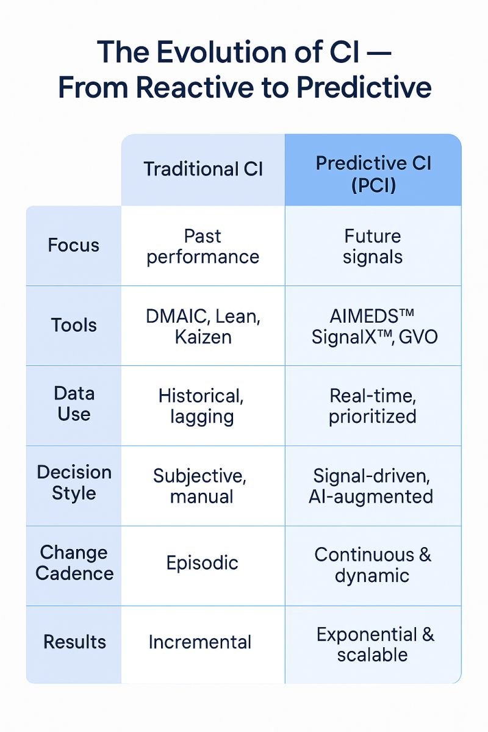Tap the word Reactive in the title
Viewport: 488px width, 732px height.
pyautogui.click(x=195, y=88)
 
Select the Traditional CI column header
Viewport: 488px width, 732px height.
pyautogui.click(x=203, y=169)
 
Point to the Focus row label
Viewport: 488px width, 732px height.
pyautogui.click(x=74, y=245)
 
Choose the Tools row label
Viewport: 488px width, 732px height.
pyautogui.click(x=74, y=326)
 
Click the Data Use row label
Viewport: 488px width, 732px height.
pyautogui.click(x=74, y=404)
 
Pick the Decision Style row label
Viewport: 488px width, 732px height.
pyautogui.click(x=74, y=483)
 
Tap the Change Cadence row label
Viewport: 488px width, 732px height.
pyautogui.click(x=74, y=563)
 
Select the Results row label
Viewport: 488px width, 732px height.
pyautogui.click(x=74, y=642)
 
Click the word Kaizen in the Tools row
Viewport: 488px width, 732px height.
pyautogui.click(x=203, y=337)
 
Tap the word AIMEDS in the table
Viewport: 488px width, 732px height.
pyautogui.click(x=364, y=317)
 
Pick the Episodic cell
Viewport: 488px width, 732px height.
pyautogui.click(x=203, y=563)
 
